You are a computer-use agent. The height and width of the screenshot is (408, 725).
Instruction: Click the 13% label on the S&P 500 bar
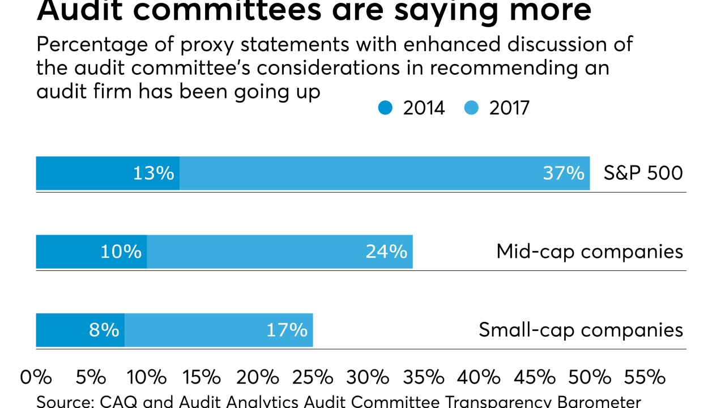click(x=153, y=173)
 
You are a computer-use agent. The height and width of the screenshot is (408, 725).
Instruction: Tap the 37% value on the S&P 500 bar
click(x=563, y=173)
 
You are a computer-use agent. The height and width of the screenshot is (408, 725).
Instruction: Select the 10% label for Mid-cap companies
click(x=121, y=252)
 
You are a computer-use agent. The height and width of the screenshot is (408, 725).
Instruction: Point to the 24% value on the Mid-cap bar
click(x=386, y=252)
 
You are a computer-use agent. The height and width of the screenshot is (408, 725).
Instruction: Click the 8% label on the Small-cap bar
click(x=104, y=330)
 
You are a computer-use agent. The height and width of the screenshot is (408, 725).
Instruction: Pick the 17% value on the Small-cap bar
click(x=287, y=330)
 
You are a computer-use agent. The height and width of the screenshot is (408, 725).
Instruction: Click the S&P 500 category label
click(x=643, y=173)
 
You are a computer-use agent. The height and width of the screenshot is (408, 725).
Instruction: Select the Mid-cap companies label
click(x=590, y=252)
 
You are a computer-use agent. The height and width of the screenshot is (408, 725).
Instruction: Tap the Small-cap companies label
click(x=581, y=330)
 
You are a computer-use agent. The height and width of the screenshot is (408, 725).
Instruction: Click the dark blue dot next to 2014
click(x=386, y=108)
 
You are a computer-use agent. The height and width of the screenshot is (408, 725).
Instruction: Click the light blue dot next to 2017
click(x=472, y=108)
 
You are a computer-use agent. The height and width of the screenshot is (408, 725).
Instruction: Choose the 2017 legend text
click(x=509, y=108)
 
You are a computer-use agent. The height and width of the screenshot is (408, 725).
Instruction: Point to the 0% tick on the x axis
click(x=36, y=377)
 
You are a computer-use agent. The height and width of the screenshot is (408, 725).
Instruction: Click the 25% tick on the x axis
click(x=312, y=377)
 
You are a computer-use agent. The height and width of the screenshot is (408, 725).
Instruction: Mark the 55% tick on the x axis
click(x=644, y=377)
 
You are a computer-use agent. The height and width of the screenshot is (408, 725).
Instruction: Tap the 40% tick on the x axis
click(x=478, y=377)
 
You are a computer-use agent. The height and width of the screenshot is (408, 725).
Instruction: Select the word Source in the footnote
click(x=62, y=402)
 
